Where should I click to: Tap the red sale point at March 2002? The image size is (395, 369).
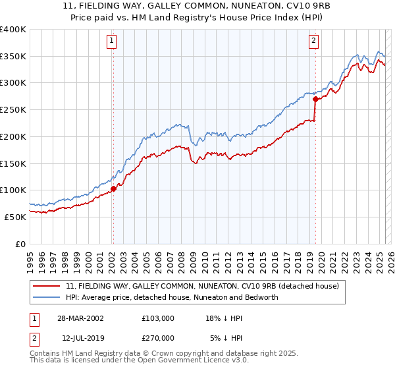click(113, 188)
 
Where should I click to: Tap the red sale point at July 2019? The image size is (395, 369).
click(315, 99)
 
